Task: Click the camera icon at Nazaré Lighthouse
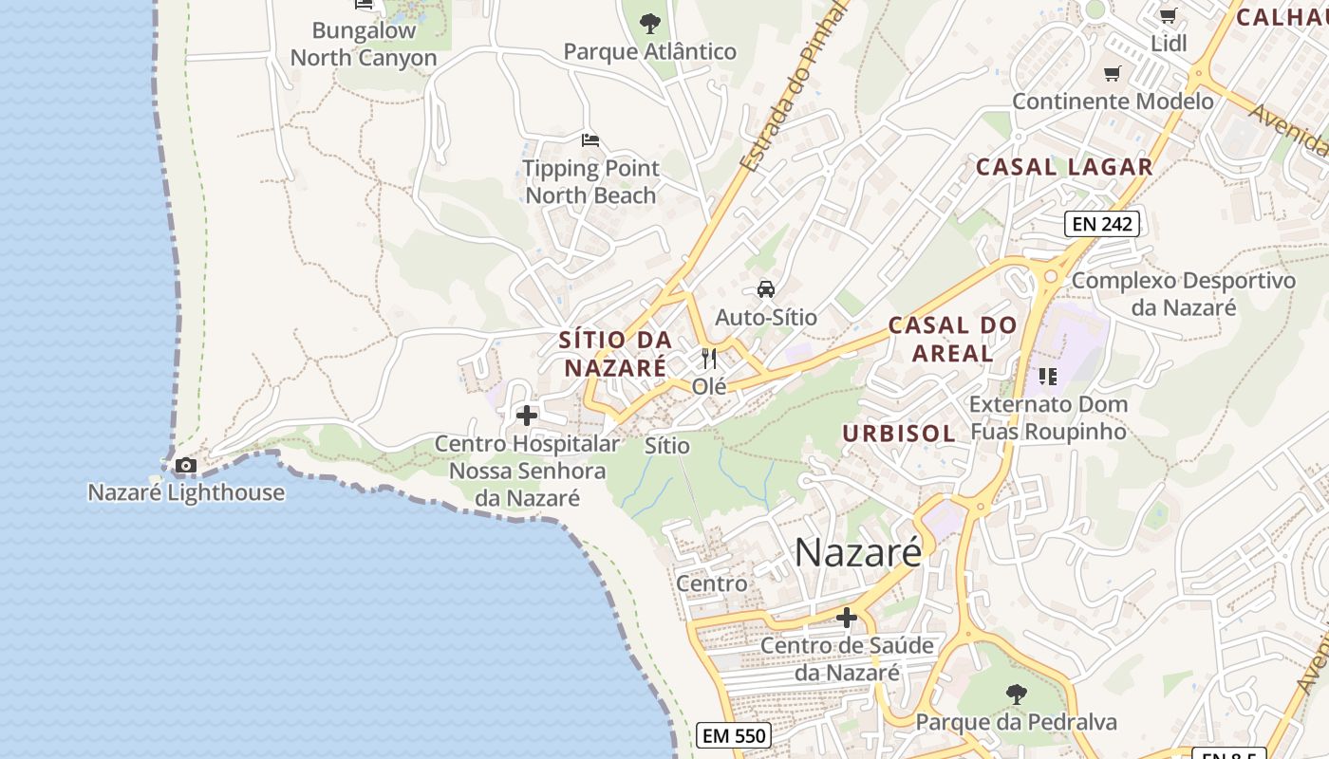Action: click(186, 465)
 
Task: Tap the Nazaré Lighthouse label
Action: click(186, 492)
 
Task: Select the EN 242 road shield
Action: click(1101, 224)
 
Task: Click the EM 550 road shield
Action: click(733, 735)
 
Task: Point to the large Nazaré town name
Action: click(857, 552)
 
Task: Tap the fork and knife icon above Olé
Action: click(709, 359)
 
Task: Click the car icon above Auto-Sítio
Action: click(766, 289)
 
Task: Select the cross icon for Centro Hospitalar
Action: click(527, 416)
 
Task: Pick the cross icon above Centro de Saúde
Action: click(846, 619)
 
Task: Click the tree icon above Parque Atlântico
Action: click(649, 23)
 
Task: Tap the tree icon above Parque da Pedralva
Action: click(1016, 694)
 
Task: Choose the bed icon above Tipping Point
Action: click(590, 140)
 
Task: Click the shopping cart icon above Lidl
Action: click(1169, 16)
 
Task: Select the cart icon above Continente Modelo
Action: click(1113, 74)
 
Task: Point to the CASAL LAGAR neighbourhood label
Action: click(1064, 167)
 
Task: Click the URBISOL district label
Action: click(899, 434)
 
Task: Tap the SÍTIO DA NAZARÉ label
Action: click(615, 353)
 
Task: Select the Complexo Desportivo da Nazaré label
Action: click(1183, 294)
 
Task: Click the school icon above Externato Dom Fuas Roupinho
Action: click(1048, 377)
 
